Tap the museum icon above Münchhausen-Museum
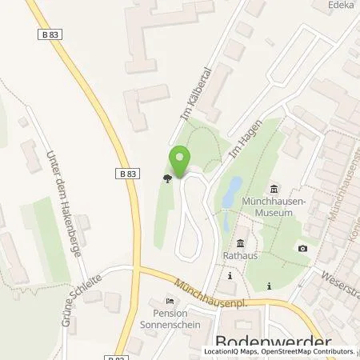274,188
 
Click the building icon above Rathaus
239,243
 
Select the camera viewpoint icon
302,248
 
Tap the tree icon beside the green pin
166,179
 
